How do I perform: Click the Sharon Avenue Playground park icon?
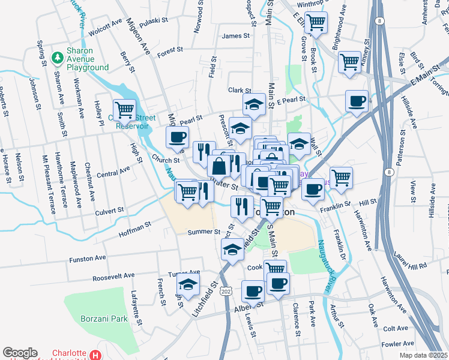(57, 58)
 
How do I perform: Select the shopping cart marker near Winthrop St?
(316, 23)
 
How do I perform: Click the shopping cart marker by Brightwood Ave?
(350, 61)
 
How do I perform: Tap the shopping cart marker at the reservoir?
(125, 110)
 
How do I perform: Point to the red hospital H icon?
(95, 355)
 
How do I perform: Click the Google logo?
(20, 353)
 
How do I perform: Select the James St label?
(235, 36)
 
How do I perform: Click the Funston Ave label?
(88, 259)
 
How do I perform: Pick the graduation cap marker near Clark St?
(254, 104)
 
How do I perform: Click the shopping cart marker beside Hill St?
(341, 177)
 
